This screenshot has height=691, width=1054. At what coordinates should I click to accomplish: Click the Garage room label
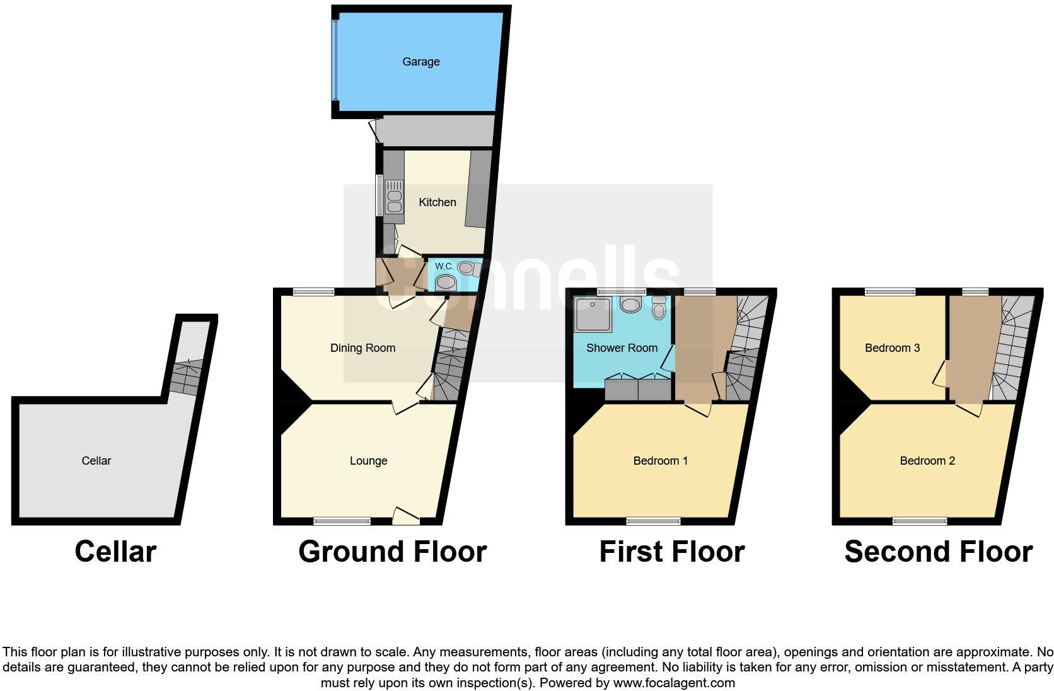(x=420, y=62)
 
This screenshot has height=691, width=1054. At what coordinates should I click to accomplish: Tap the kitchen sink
(x=394, y=196)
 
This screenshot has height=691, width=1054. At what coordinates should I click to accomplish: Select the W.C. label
(x=444, y=267)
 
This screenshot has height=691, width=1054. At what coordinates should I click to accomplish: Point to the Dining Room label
(x=362, y=348)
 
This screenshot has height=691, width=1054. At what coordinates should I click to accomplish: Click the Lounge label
(x=368, y=461)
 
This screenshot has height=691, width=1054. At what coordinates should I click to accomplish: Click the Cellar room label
(x=96, y=461)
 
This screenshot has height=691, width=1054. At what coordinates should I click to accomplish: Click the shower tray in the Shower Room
(x=593, y=315)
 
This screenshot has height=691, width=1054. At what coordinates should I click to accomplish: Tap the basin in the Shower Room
(x=630, y=305)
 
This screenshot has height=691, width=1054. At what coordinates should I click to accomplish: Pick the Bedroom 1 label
(x=660, y=461)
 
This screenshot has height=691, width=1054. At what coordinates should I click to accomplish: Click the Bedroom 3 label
(x=892, y=348)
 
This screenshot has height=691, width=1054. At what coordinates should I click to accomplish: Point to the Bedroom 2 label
(x=927, y=461)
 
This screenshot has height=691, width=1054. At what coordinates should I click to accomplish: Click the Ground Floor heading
(x=392, y=552)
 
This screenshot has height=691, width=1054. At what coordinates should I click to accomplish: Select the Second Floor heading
(x=938, y=552)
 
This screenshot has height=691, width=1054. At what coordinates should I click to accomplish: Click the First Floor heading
(x=671, y=552)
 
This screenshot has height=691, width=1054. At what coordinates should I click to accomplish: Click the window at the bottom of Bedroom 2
(x=920, y=521)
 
